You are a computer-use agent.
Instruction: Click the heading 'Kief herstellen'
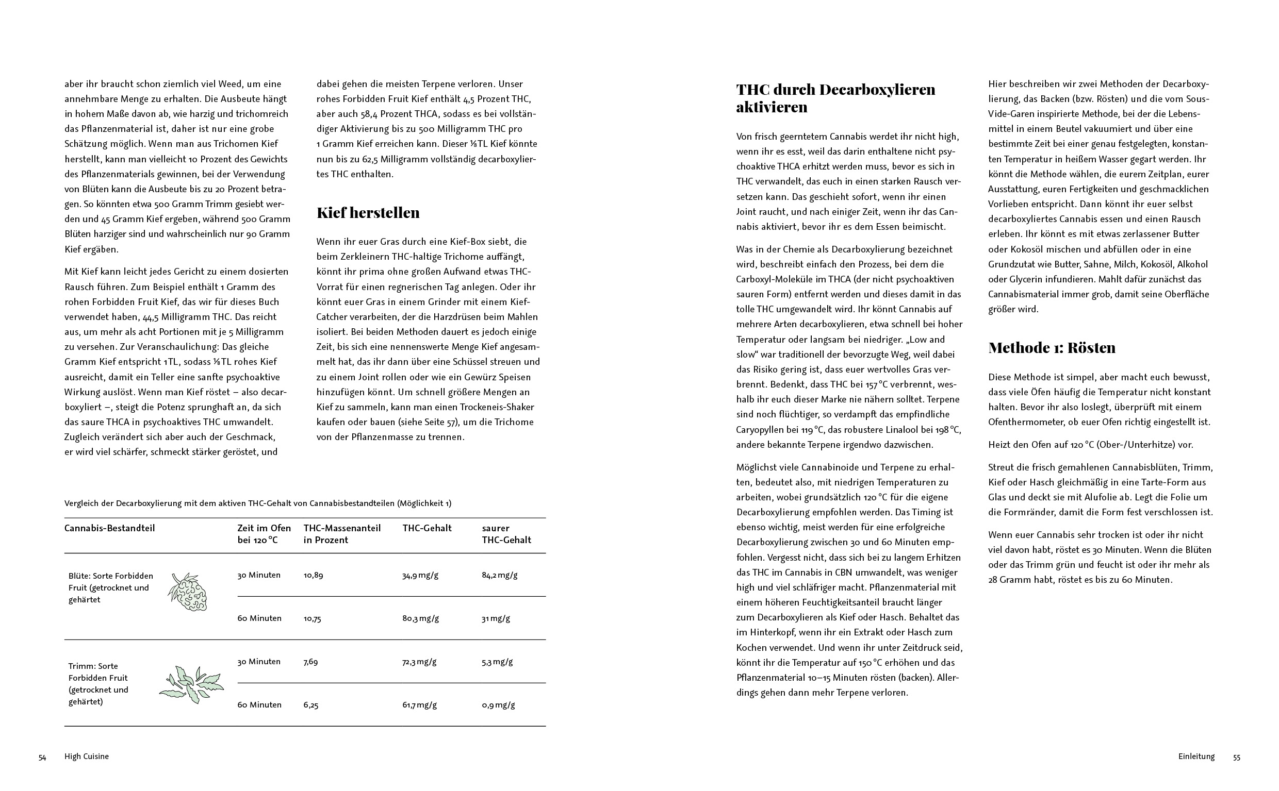(x=368, y=213)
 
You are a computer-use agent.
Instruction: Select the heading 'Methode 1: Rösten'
(x=1051, y=348)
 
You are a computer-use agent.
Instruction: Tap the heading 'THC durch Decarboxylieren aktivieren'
(x=835, y=98)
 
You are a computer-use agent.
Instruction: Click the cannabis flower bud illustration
(x=188, y=592)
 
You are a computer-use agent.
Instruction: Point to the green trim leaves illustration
(x=192, y=685)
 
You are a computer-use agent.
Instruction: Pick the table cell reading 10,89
(x=313, y=576)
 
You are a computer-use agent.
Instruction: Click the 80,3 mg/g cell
(x=420, y=618)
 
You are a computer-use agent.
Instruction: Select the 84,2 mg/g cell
(x=499, y=576)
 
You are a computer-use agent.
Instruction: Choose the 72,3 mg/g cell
(x=419, y=662)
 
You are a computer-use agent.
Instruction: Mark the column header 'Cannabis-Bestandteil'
(x=109, y=528)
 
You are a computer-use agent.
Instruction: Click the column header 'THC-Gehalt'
(x=427, y=528)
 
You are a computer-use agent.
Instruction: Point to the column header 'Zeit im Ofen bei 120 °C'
(x=264, y=534)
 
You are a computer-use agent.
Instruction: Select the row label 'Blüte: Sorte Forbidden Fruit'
(x=111, y=587)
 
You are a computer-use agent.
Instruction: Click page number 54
(x=42, y=758)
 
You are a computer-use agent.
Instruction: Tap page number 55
(x=1237, y=758)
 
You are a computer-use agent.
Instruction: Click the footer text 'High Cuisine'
(x=86, y=756)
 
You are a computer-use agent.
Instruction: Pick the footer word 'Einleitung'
(x=1196, y=756)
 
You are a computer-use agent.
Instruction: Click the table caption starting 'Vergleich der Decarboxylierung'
(x=257, y=503)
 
